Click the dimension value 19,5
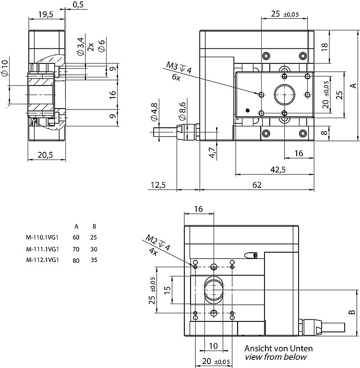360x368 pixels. click(x=46, y=14)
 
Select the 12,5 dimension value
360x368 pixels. click(x=158, y=185)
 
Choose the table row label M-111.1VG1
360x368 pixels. click(x=43, y=249)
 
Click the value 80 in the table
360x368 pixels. click(x=76, y=260)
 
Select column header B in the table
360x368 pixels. click(x=93, y=226)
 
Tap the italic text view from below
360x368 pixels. click(x=276, y=357)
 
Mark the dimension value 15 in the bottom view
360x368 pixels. click(x=167, y=291)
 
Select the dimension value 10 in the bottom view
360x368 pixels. click(x=214, y=346)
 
